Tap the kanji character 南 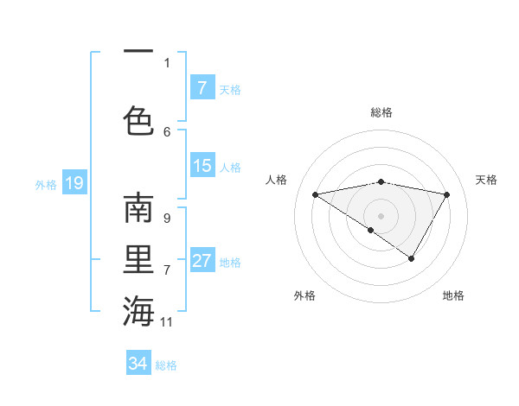(138, 209)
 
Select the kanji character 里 (138, 260)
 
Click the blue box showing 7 (202, 88)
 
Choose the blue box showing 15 (202, 166)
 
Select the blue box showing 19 (74, 183)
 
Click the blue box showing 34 (138, 364)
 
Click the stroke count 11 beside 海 (167, 322)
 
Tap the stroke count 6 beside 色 (166, 131)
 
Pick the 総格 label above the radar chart (381, 112)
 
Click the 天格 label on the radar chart (486, 180)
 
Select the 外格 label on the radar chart (304, 295)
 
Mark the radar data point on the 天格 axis (447, 194)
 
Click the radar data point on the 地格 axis (412, 258)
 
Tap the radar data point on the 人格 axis (316, 194)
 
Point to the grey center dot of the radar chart (381, 215)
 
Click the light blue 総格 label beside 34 (166, 365)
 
